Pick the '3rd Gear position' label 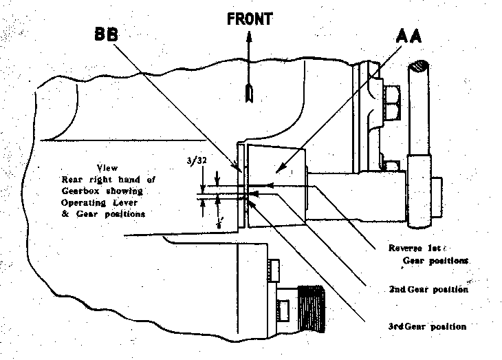point(427,326)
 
